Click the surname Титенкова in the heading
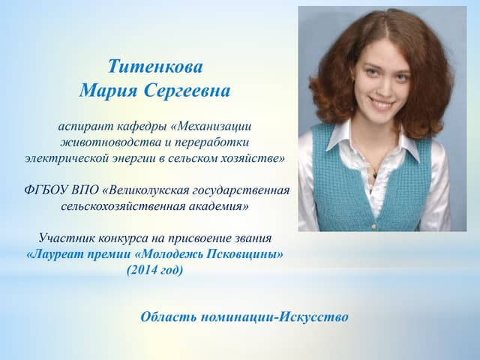pyautogui.click(x=155, y=67)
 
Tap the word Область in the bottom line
pyautogui.click(x=167, y=316)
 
